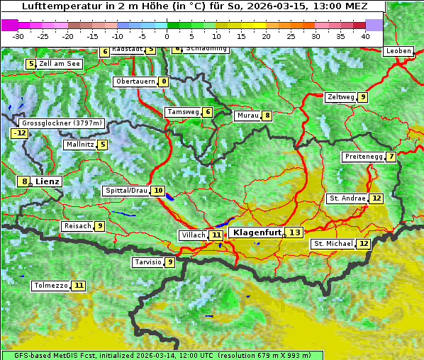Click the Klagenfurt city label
(255, 232)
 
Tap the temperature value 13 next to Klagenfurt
(294, 232)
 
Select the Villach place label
(192, 235)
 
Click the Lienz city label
(48, 181)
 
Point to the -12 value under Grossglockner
(19, 133)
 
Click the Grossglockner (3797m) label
(62, 123)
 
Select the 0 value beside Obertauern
(164, 81)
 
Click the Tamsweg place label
(182, 112)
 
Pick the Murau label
(247, 116)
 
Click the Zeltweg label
(340, 97)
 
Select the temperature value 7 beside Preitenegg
(391, 157)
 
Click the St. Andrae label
(347, 198)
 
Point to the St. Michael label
(333, 244)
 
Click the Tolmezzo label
(50, 286)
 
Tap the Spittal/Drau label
(126, 191)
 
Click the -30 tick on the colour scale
(18, 35)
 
